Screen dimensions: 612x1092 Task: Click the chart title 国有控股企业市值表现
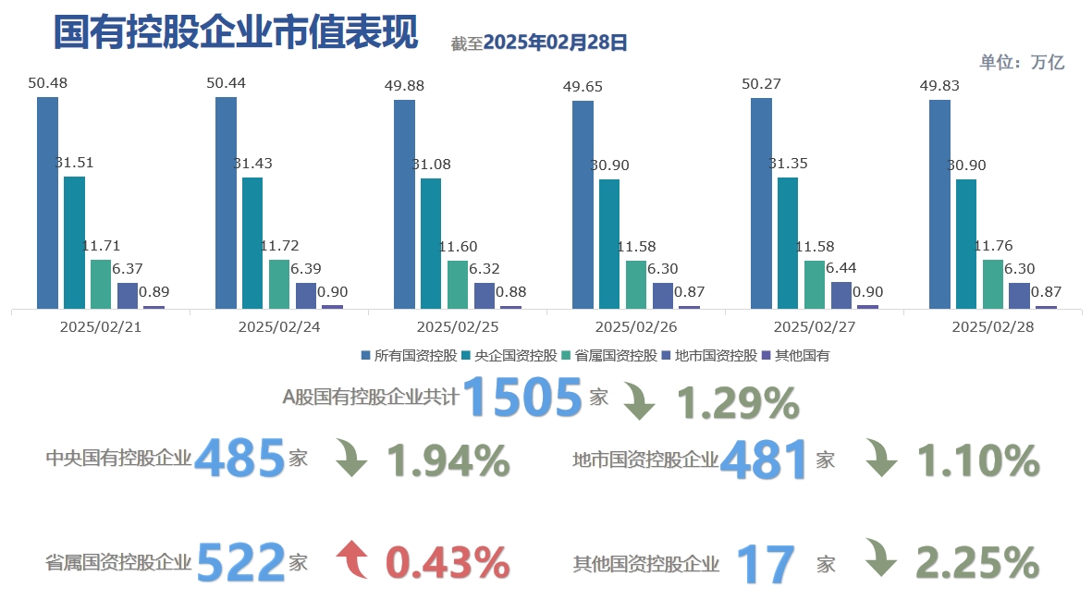pos(236,33)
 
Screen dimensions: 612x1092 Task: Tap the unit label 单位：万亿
pos(1022,62)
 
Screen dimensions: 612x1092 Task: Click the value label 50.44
pos(226,83)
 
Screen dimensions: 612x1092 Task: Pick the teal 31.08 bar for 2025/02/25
pos(431,242)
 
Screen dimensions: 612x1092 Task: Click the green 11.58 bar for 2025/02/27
pos(815,284)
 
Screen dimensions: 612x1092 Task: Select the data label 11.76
pos(994,246)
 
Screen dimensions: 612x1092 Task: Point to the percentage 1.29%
pos(738,403)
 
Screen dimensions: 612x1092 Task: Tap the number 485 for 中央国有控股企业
pos(239,459)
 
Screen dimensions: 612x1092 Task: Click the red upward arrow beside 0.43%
pos(352,560)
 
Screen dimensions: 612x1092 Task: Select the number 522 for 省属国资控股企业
pos(240,561)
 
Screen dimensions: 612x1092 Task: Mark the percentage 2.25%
pos(978,561)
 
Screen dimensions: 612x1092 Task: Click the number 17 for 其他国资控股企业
pos(767,564)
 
